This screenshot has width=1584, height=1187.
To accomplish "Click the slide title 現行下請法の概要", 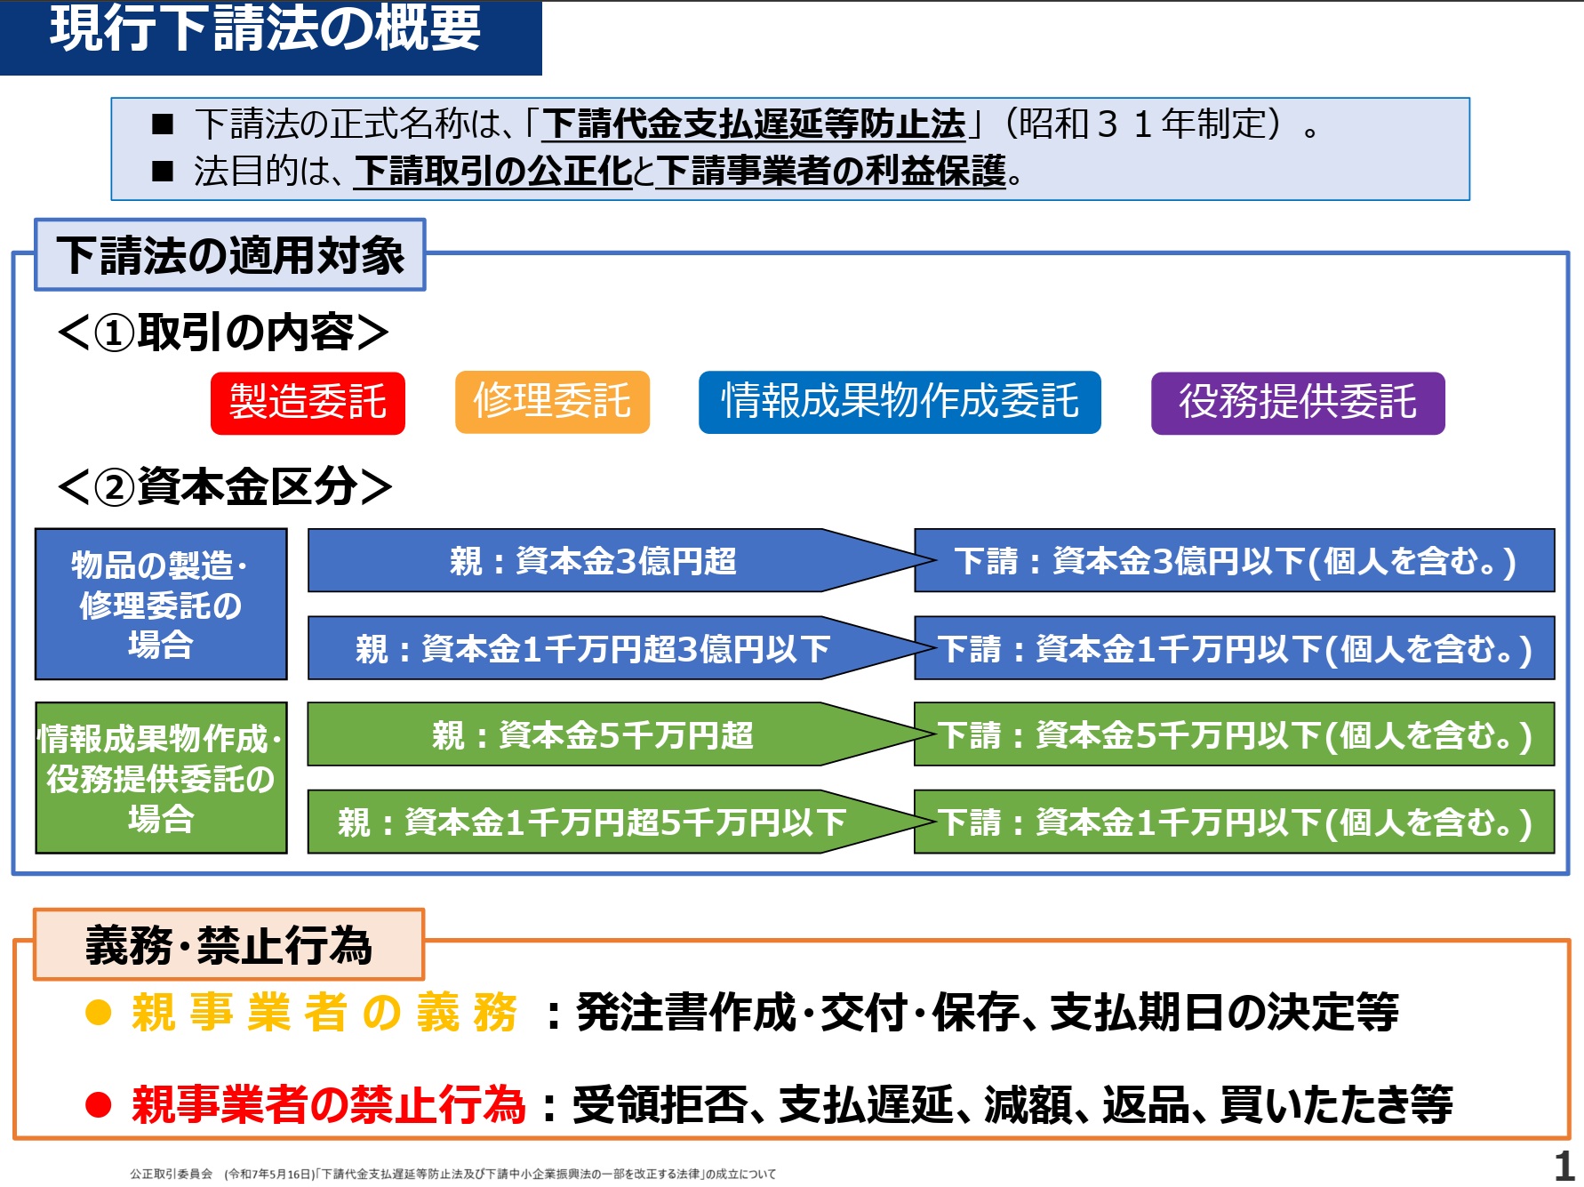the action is [265, 28].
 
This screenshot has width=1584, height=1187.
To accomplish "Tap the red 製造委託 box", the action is [308, 403].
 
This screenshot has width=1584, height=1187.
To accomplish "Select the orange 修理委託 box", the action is [552, 402].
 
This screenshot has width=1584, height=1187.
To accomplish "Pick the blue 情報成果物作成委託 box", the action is [900, 402].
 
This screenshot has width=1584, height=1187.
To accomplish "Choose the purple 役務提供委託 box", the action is [1298, 403].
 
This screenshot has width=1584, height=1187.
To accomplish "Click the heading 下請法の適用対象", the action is [230, 255].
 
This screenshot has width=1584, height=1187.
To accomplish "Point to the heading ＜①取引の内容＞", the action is [223, 333].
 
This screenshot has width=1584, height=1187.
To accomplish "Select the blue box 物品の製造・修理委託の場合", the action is [161, 605].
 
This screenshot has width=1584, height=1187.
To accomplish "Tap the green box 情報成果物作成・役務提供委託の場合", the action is [161, 778].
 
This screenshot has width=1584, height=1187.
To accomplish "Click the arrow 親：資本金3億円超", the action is [619, 560].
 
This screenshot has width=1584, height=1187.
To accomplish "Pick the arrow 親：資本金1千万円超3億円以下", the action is [619, 647].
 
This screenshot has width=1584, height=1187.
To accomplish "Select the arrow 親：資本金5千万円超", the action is [619, 734].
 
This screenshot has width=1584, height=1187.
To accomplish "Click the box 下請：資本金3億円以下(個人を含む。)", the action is [1235, 560].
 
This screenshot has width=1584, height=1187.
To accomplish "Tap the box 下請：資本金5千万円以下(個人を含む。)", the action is [1235, 734].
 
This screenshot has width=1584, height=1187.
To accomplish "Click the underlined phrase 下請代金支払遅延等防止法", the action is [754, 124].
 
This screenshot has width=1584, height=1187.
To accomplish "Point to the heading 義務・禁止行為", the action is [228, 944].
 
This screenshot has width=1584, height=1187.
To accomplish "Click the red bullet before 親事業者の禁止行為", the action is [98, 1105].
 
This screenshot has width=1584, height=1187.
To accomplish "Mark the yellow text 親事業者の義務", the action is [324, 1013].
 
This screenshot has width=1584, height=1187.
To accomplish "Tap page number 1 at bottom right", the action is [1564, 1166].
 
